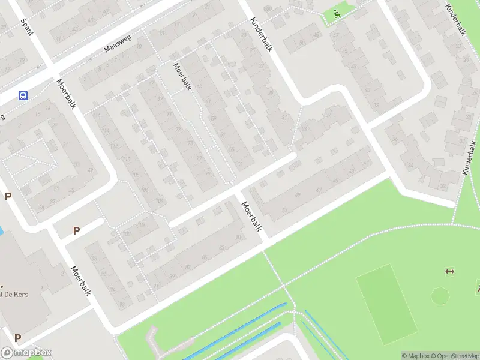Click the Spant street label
pyautogui.click(x=27, y=26)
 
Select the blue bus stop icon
pyautogui.click(x=23, y=95)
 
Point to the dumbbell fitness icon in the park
pyautogui.click(x=449, y=272)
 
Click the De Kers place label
pyautogui.click(x=14, y=294)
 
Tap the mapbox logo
pyautogui.click(x=26, y=352)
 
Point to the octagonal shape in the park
pyautogui.click(x=440, y=296)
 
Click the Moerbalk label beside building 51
pyautogui.click(x=252, y=216)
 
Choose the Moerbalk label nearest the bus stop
pyautogui.click(x=67, y=94)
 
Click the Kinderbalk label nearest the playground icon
pyautogui.click(x=262, y=35)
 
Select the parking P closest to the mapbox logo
pyautogui.click(x=17, y=338)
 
